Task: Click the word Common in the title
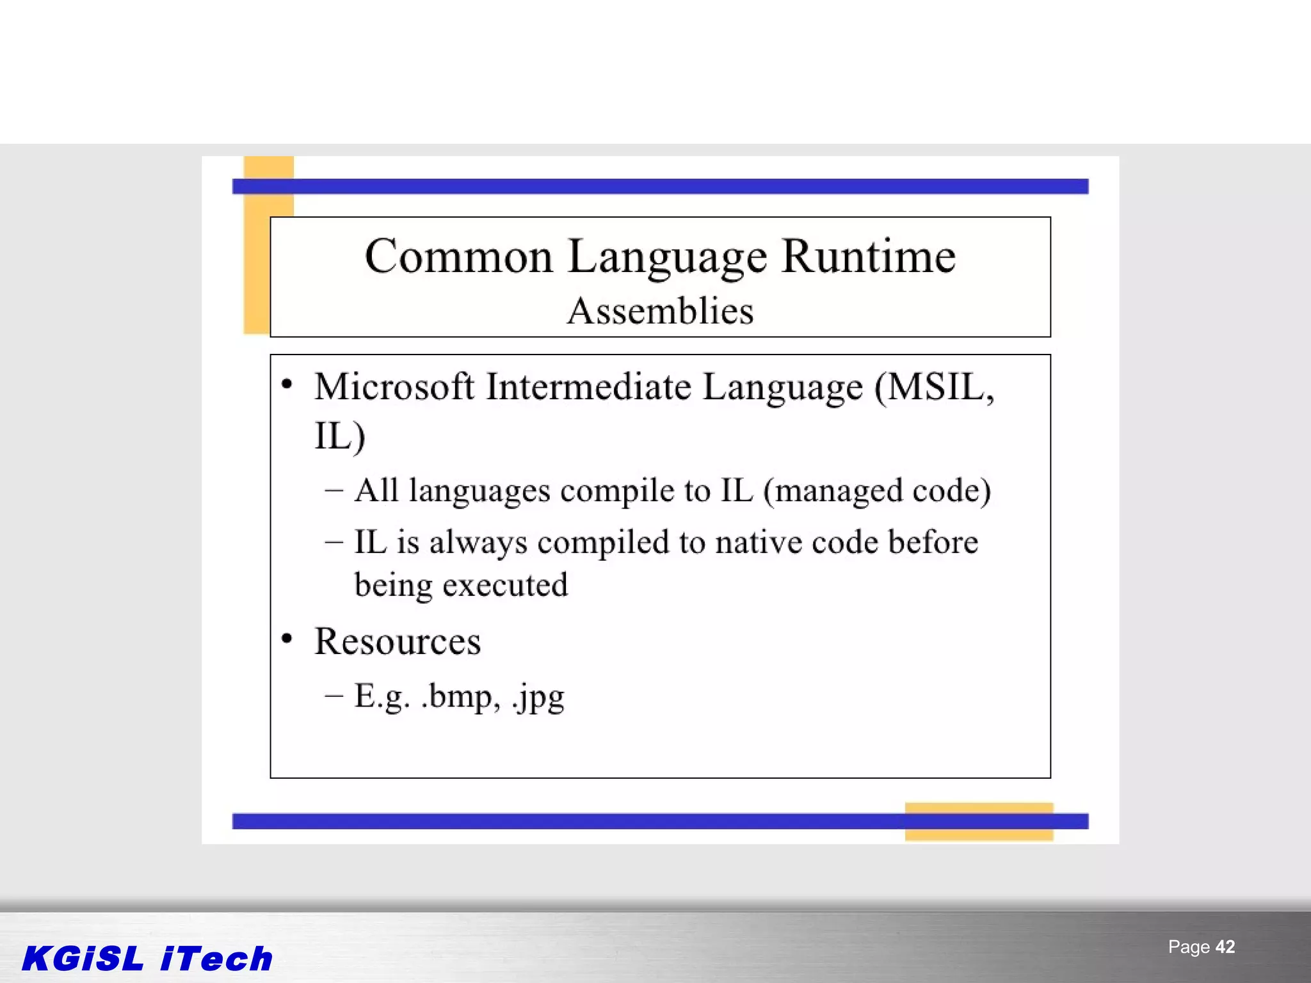pos(458,257)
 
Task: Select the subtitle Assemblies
pos(660,312)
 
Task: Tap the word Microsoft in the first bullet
pos(394,387)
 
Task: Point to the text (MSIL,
pos(934,388)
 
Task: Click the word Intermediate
pos(588,387)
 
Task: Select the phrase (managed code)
pos(877,491)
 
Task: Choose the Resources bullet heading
pos(397,641)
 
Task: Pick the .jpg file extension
pos(538,697)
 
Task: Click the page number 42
pos(1225,947)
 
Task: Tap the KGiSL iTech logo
pos(147,959)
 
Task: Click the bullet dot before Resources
pos(287,638)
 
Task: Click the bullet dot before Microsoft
pos(287,384)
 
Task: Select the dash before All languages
pos(334,491)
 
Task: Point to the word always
pos(478,543)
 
